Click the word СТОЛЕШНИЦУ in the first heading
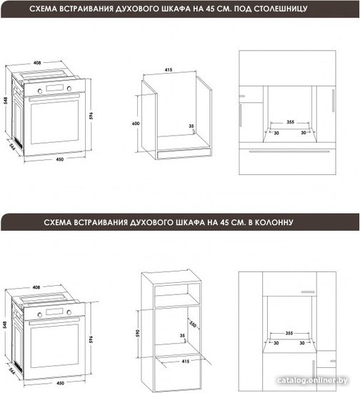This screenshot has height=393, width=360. tap(281, 9)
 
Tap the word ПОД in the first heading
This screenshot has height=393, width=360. tap(243, 9)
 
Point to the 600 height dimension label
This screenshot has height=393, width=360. tap(136, 124)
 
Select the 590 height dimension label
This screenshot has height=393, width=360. tap(138, 334)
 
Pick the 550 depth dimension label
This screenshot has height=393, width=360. tap(193, 324)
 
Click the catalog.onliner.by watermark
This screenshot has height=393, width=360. tap(312, 380)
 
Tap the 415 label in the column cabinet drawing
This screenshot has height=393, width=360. tap(186, 361)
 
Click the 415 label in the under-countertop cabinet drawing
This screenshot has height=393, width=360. tap(169, 70)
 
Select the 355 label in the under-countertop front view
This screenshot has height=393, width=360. tap(290, 122)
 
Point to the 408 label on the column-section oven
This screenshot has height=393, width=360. tap(36, 287)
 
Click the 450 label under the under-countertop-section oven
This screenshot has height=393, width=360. tap(59, 159)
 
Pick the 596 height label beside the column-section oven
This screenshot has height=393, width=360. tap(91, 339)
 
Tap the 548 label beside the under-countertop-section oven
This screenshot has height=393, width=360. tap(6, 101)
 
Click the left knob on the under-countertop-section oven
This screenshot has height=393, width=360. tap(39, 91)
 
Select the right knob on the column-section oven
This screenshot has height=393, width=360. tap(69, 312)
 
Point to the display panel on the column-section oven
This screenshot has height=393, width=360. tap(54, 312)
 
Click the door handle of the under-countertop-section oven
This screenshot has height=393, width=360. tap(54, 97)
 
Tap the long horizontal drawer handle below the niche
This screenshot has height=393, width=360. tap(289, 151)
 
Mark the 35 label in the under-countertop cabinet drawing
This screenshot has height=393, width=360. tap(191, 126)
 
